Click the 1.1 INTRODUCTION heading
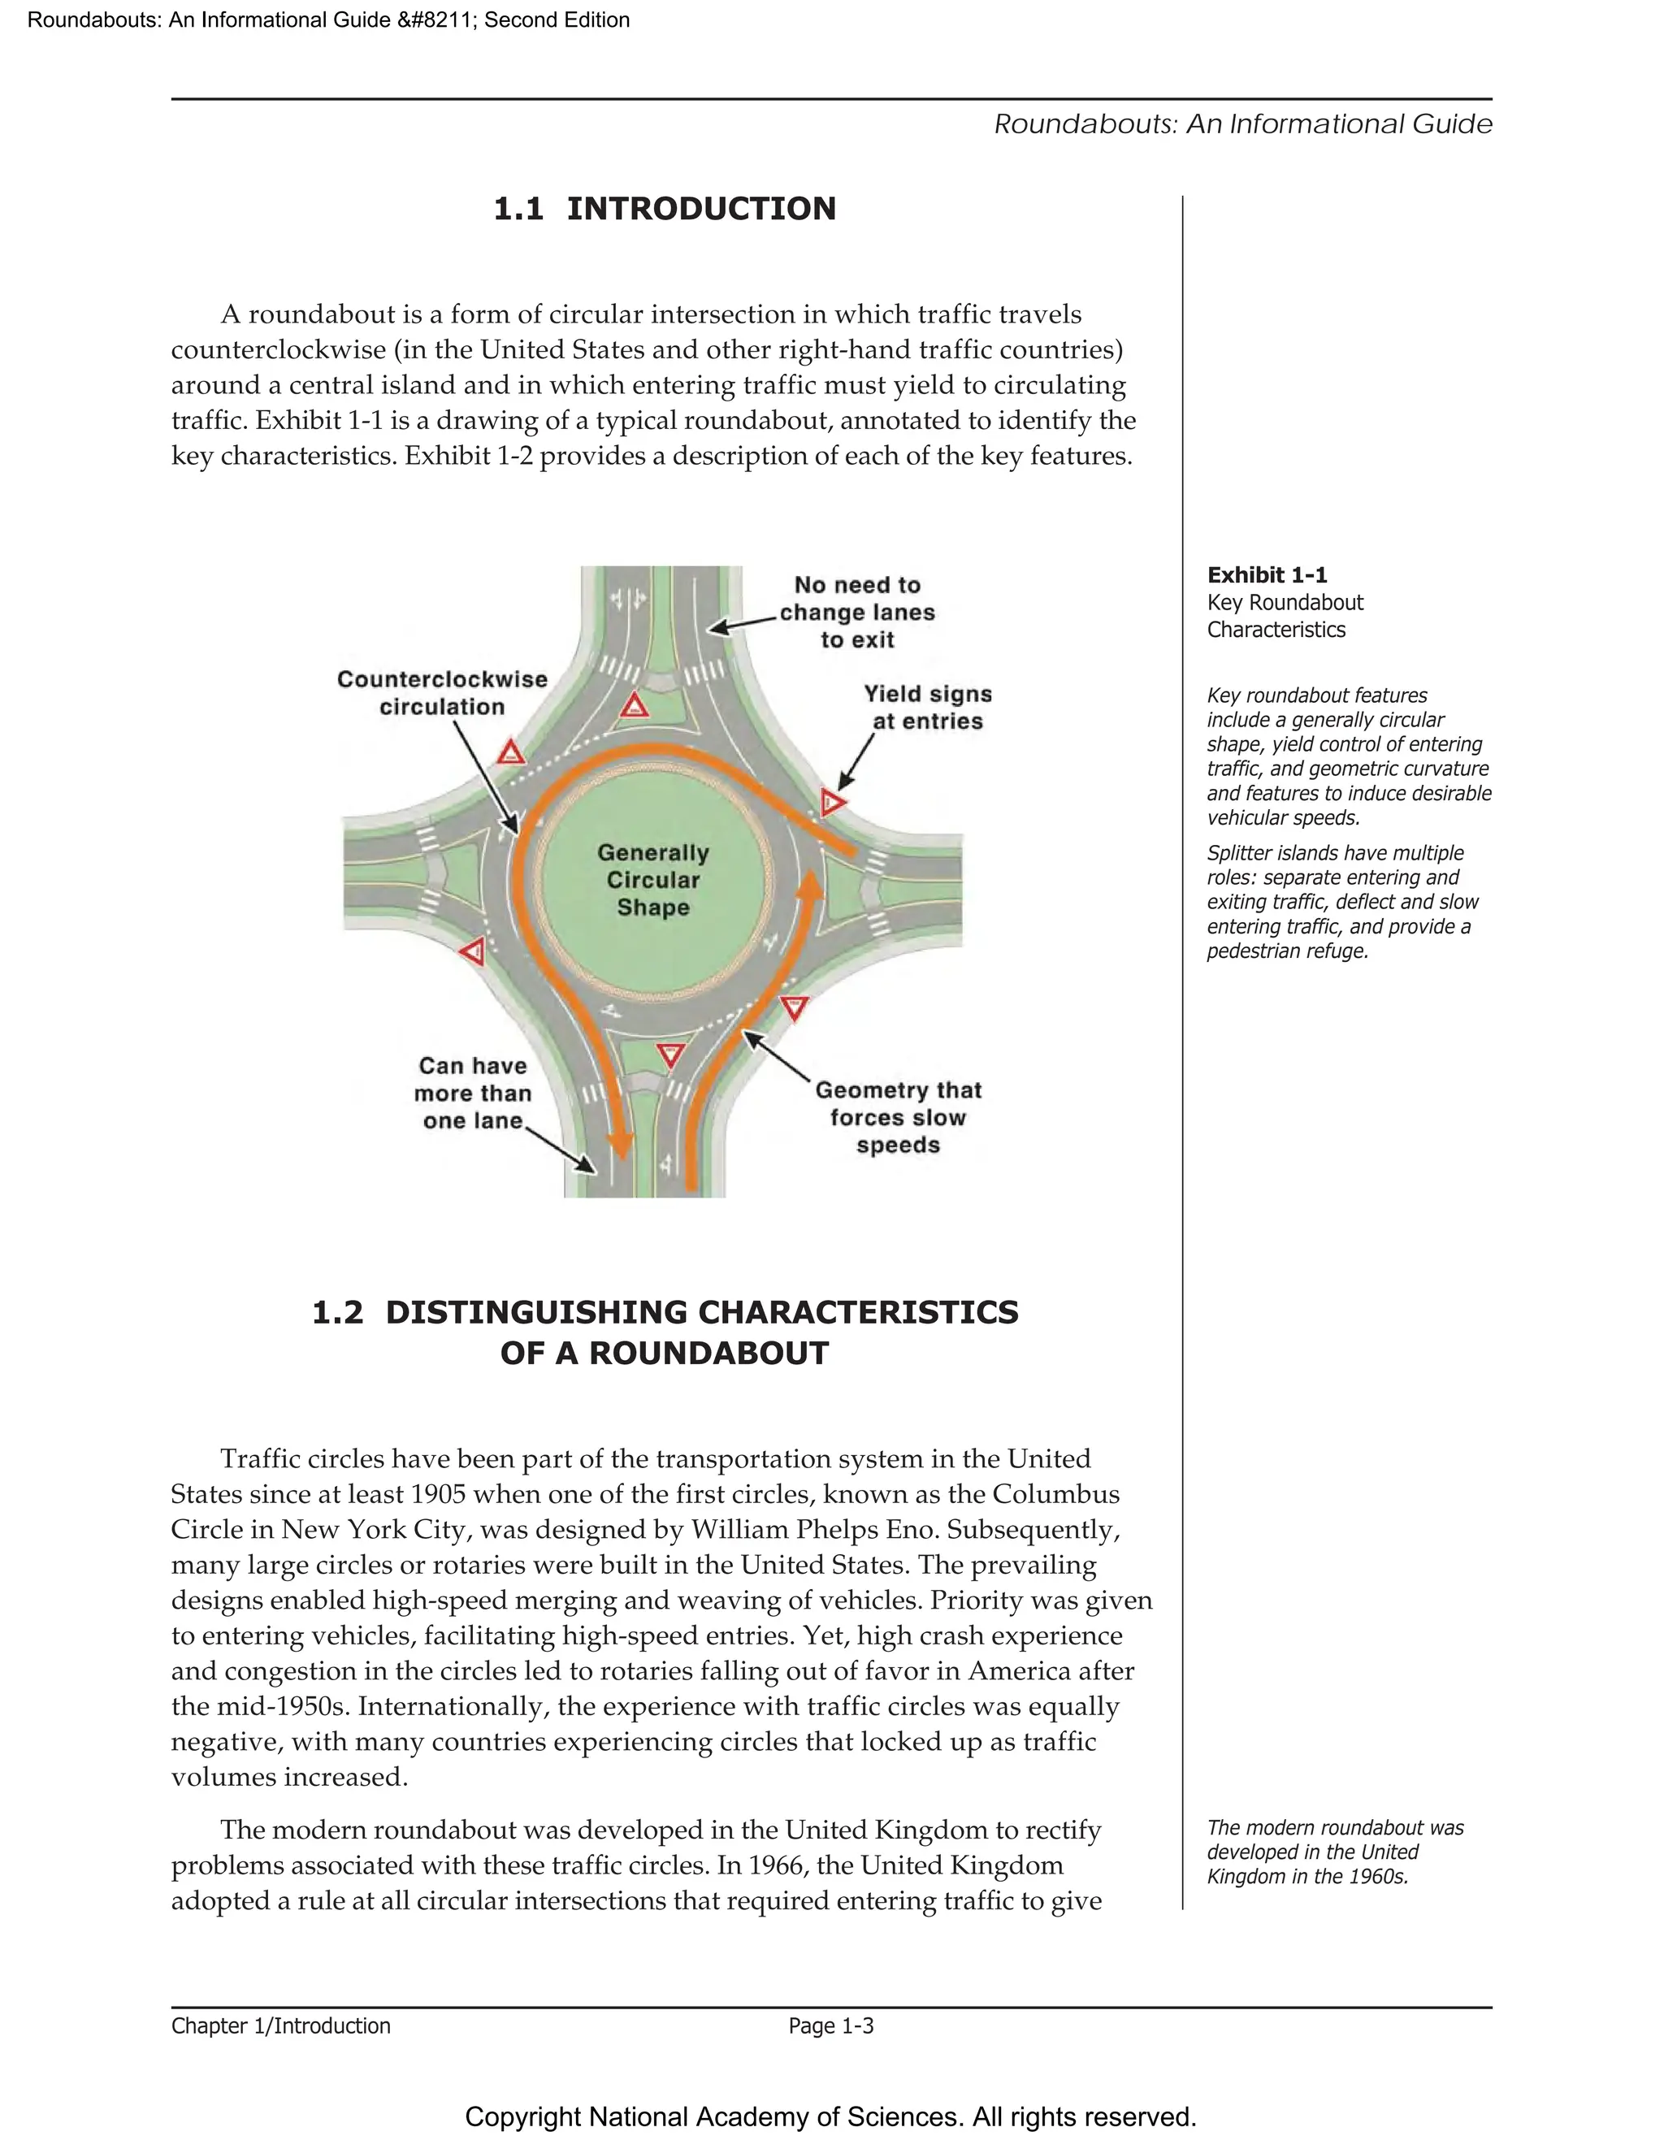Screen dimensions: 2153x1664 665,209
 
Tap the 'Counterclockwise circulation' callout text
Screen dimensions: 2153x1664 442,693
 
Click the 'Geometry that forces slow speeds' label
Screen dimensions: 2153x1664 897,1117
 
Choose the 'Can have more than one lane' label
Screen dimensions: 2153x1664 472,1094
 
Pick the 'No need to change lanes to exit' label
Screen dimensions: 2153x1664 856,613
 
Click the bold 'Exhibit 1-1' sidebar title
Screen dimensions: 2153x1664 1267,574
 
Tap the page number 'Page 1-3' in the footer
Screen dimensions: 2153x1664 830,2025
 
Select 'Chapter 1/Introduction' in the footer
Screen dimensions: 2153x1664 281,2025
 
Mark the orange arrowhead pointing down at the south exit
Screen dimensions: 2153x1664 620,1144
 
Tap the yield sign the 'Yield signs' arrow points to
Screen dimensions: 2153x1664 832,803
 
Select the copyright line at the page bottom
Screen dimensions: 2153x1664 830,2116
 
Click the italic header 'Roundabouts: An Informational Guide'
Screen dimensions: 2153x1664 1242,124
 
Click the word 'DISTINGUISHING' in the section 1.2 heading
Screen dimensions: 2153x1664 536,1312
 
